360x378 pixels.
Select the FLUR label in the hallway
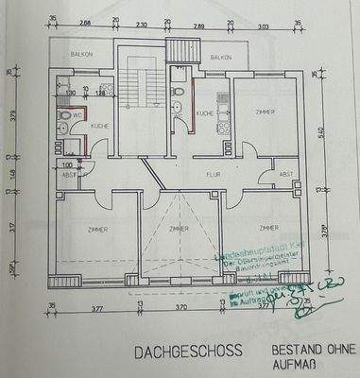pyautogui.click(x=214, y=175)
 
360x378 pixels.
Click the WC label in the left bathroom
pyautogui.click(x=65, y=115)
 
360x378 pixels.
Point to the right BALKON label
pyautogui.click(x=221, y=56)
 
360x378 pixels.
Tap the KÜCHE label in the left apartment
pyautogui.click(x=98, y=125)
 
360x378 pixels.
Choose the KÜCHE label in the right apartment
pyautogui.click(x=203, y=113)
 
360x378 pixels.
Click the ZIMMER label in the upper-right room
pyautogui.click(x=264, y=112)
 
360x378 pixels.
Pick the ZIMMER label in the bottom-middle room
pyautogui.click(x=178, y=230)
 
